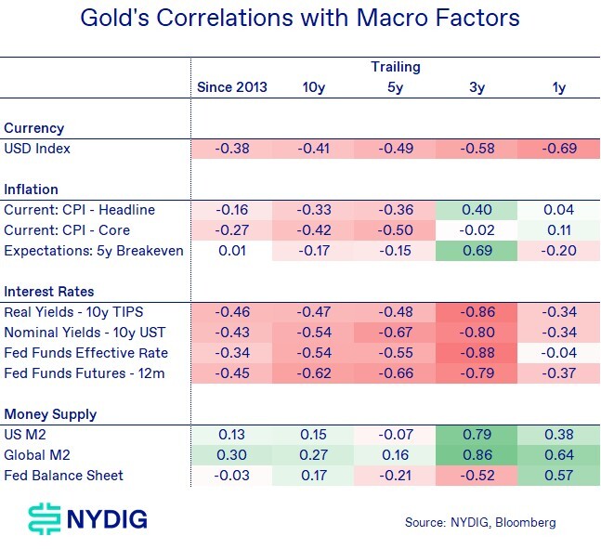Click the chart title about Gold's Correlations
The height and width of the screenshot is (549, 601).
[300, 19]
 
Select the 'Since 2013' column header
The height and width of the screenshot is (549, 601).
[231, 87]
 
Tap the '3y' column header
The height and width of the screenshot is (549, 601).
[477, 87]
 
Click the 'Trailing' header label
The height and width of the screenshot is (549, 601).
[396, 67]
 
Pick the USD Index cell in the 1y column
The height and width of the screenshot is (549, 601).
[558, 149]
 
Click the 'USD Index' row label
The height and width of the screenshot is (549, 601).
[37, 149]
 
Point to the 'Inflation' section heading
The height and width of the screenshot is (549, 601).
[31, 190]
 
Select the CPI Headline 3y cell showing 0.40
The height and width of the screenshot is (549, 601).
[477, 210]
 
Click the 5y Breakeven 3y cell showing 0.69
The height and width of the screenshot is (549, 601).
[477, 251]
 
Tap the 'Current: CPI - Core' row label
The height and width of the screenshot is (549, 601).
[67, 230]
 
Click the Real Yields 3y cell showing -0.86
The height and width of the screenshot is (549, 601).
[477, 312]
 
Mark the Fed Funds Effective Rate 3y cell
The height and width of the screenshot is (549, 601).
[477, 353]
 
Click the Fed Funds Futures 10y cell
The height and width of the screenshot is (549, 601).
[313, 373]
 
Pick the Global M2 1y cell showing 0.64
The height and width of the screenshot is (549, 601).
[558, 455]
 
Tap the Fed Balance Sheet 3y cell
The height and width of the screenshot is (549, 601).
[477, 476]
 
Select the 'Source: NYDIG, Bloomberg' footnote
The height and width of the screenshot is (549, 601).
[479, 522]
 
